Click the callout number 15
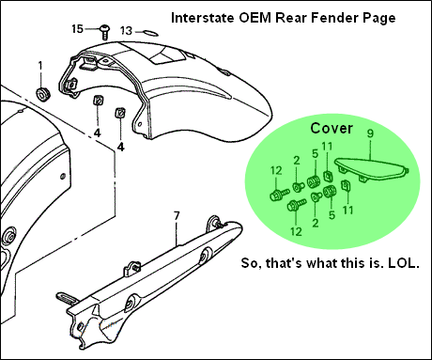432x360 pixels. (77, 29)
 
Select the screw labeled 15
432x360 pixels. (105, 32)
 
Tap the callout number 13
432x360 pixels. (127, 31)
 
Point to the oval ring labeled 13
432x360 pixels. (150, 32)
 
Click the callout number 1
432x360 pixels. (40, 66)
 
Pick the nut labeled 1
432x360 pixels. (42, 94)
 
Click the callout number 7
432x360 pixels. (177, 215)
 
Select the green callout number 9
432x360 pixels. (370, 133)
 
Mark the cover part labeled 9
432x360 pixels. (372, 171)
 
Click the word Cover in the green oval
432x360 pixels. (332, 128)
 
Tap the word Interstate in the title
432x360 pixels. (202, 18)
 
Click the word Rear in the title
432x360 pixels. (290, 18)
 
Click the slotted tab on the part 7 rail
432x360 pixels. (67, 298)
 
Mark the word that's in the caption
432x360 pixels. (284, 263)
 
